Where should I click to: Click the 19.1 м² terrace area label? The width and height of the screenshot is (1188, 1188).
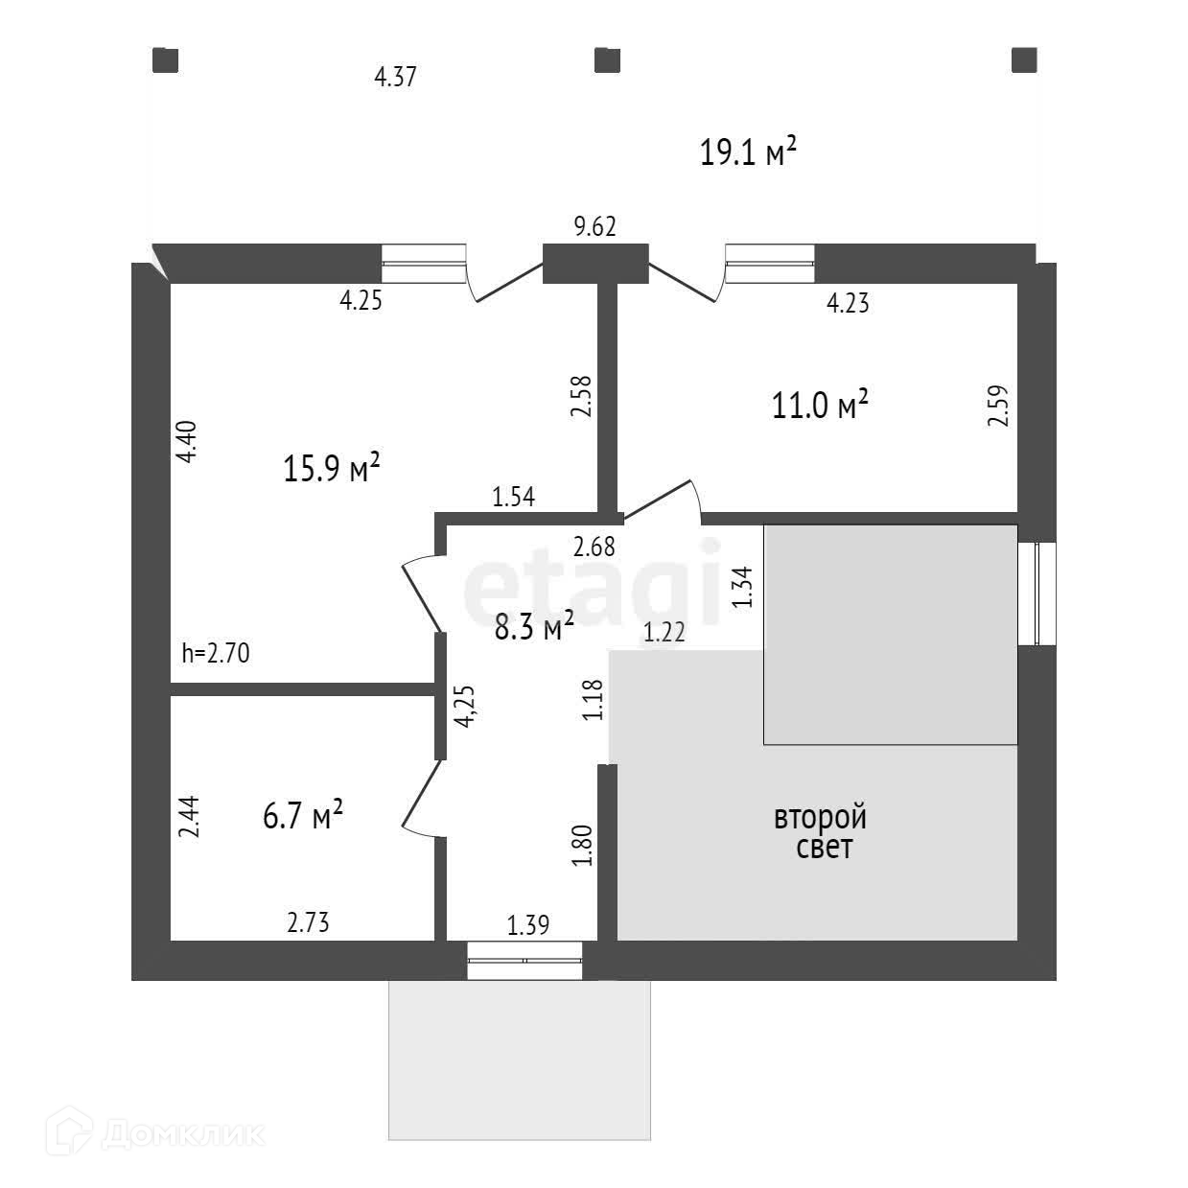click(748, 152)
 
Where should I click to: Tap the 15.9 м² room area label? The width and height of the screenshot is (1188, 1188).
click(332, 469)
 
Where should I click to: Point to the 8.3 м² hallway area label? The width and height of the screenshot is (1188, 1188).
click(534, 628)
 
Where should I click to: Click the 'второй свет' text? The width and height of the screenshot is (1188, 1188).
click(821, 832)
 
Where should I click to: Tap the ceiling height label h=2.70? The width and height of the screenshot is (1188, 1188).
click(216, 655)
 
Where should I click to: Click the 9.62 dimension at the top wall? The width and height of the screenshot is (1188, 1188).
click(594, 227)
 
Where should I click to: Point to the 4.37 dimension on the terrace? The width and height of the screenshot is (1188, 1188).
click(395, 77)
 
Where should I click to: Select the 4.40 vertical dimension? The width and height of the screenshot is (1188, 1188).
click(188, 442)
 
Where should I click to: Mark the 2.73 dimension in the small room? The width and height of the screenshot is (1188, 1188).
click(308, 922)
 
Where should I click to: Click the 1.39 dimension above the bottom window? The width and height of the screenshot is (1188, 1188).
click(528, 926)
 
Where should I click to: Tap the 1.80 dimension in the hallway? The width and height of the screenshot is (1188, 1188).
click(583, 847)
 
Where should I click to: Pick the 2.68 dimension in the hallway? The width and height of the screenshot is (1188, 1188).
click(594, 547)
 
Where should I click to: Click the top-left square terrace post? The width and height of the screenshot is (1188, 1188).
click(166, 60)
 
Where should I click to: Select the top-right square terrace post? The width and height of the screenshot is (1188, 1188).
click(1024, 60)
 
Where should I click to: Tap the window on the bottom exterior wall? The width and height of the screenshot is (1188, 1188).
click(524, 961)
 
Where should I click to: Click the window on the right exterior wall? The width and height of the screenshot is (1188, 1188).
click(1037, 594)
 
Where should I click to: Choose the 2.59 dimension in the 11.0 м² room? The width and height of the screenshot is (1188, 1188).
click(999, 406)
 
